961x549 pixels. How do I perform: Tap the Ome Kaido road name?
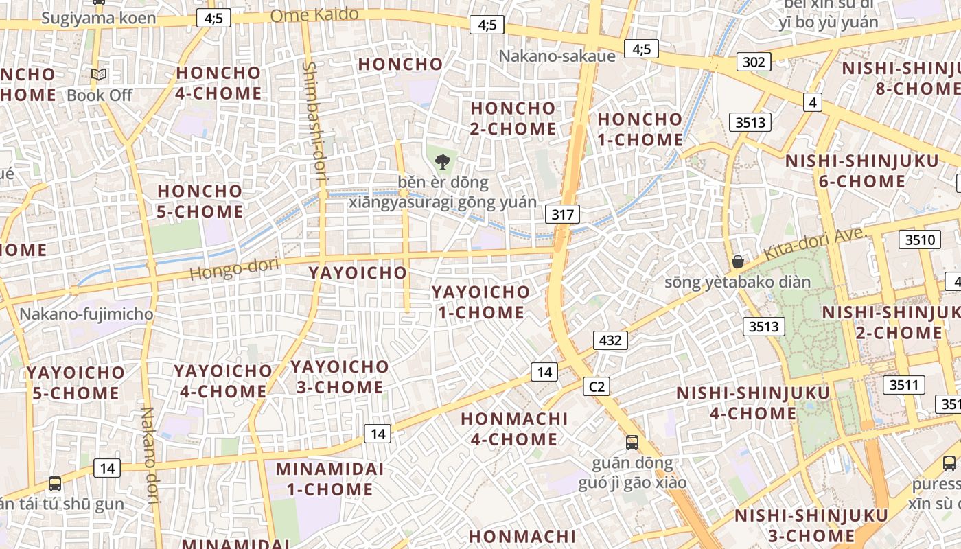click(314, 14)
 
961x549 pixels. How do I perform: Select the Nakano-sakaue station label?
click(557, 56)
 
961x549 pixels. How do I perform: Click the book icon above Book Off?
click(99, 74)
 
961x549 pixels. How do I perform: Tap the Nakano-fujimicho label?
click(86, 314)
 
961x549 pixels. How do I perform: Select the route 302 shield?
click(753, 62)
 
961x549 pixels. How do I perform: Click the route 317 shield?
click(562, 214)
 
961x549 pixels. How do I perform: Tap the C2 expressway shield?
click(597, 387)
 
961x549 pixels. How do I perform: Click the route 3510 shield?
click(920, 240)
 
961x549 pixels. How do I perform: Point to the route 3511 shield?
click(903, 385)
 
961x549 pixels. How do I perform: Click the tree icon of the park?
click(443, 162)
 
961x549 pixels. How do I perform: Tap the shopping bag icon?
click(738, 261)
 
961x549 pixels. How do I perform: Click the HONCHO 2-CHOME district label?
click(513, 119)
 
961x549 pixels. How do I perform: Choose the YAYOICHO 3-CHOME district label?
click(338, 377)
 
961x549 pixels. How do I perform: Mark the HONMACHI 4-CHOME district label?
click(513, 429)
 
